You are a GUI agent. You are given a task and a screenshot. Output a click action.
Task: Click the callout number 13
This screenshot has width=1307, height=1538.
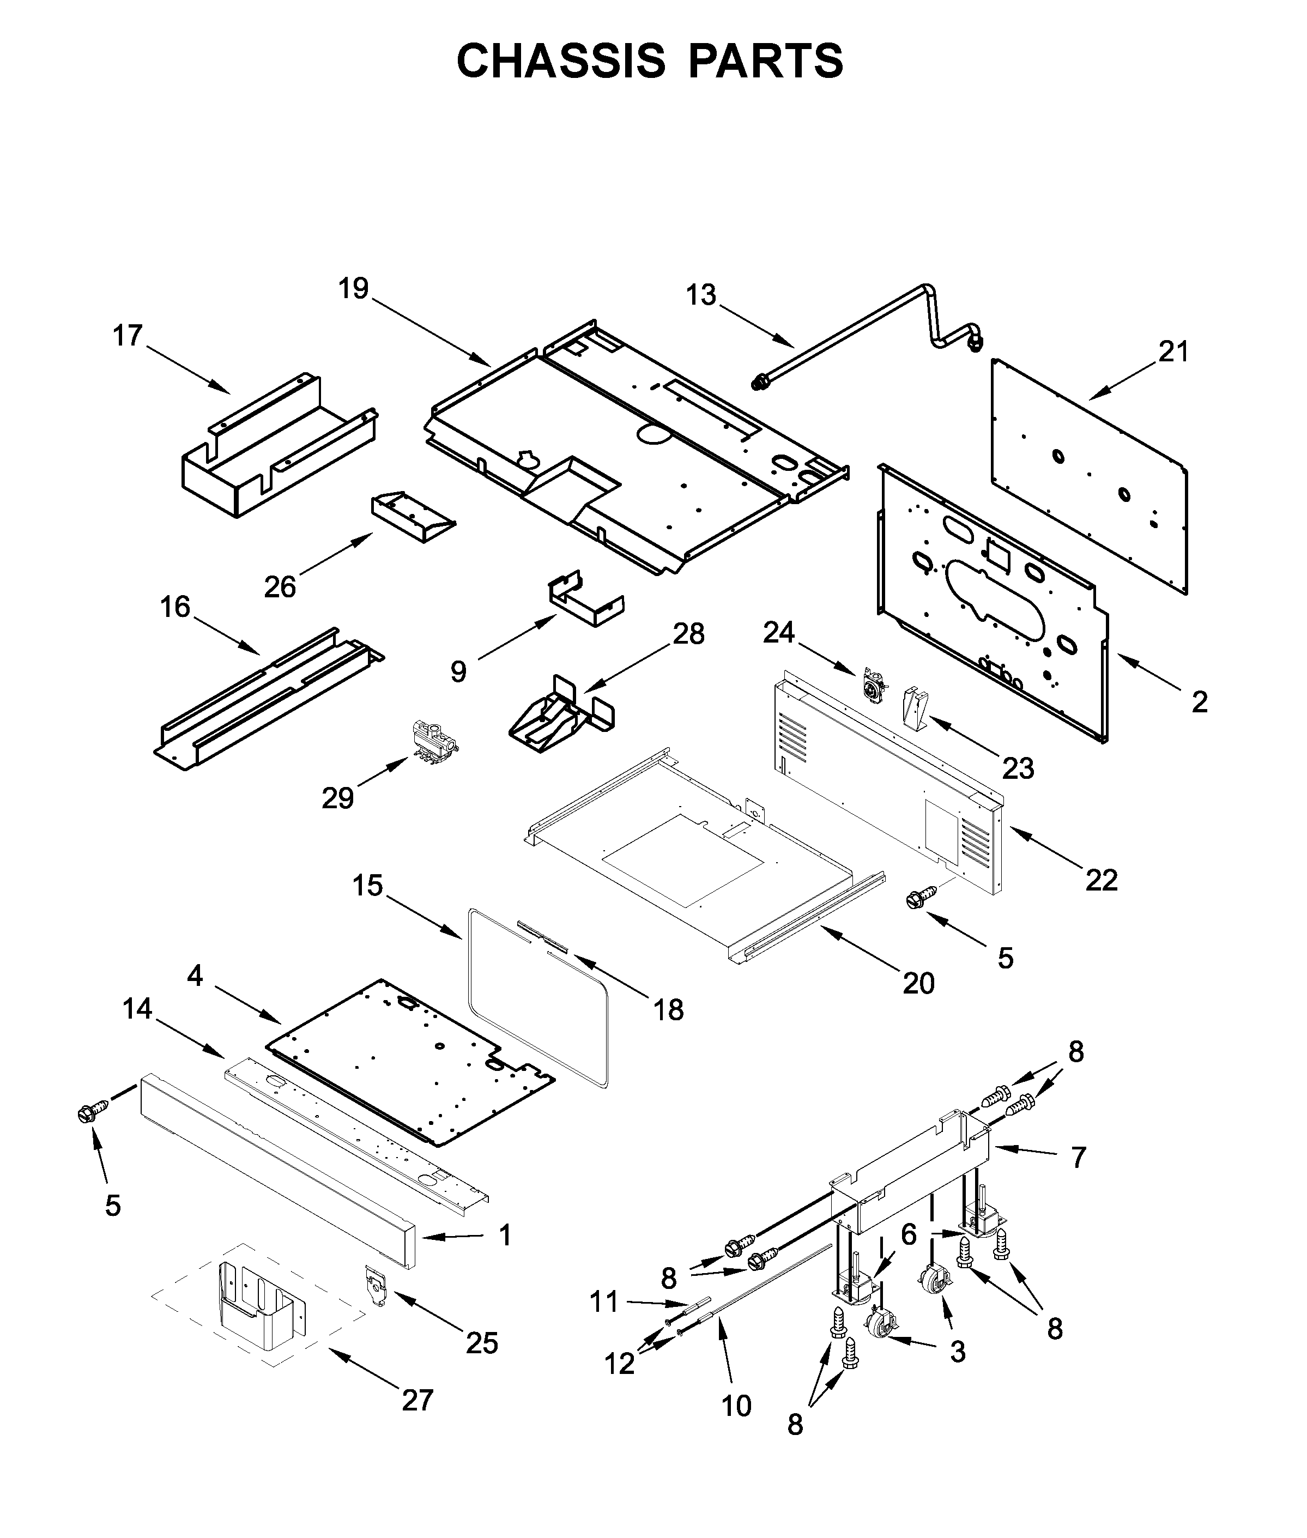coord(700,295)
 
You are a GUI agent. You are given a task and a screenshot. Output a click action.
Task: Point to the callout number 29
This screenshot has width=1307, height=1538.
coord(337,798)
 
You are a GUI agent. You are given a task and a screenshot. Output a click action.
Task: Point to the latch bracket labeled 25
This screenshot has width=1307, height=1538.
coord(377,1284)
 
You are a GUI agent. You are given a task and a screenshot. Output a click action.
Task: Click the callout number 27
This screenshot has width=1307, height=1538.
coord(417,1400)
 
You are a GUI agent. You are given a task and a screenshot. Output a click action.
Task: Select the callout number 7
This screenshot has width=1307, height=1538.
coord(1078,1156)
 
